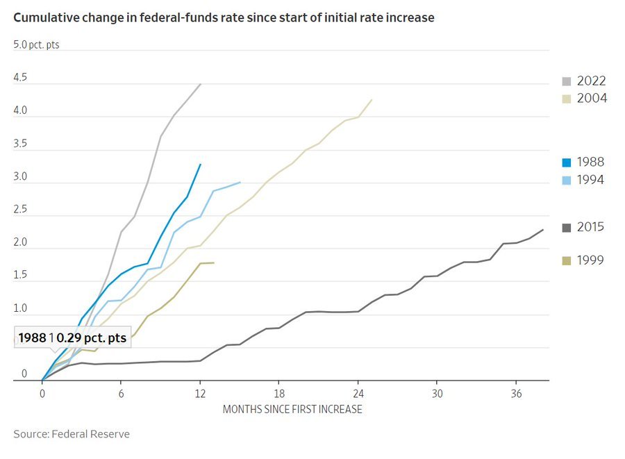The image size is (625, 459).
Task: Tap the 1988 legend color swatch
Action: pyautogui.click(x=567, y=162)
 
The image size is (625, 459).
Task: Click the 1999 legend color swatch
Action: pyautogui.click(x=567, y=261)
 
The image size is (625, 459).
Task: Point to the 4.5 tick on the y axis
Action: pyautogui.click(x=20, y=78)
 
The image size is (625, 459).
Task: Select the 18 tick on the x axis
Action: pyautogui.click(x=279, y=392)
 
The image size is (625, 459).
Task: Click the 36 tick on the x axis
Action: pyautogui.click(x=516, y=392)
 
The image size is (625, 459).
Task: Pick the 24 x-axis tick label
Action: pyautogui.click(x=358, y=392)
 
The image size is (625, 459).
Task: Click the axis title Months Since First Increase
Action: pyautogui.click(x=292, y=409)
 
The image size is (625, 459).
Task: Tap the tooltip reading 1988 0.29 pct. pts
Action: pyautogui.click(x=73, y=339)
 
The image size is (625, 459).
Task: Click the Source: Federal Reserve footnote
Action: pyautogui.click(x=72, y=434)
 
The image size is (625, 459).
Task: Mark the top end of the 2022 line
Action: pyautogui.click(x=201, y=84)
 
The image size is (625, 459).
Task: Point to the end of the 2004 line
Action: pyautogui.click(x=372, y=99)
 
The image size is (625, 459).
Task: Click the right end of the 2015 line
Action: pyautogui.click(x=543, y=229)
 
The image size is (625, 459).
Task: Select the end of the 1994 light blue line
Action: pyautogui.click(x=240, y=182)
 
